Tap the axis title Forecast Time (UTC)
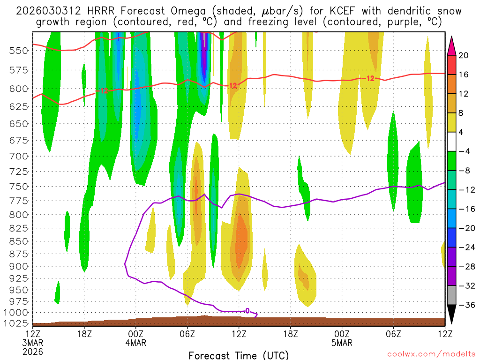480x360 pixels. click(x=239, y=355)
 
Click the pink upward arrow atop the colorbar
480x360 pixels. click(x=452, y=45)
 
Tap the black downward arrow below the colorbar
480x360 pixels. click(x=452, y=315)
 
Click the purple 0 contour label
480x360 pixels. click(x=247, y=310)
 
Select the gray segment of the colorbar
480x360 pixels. click(x=452, y=295)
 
